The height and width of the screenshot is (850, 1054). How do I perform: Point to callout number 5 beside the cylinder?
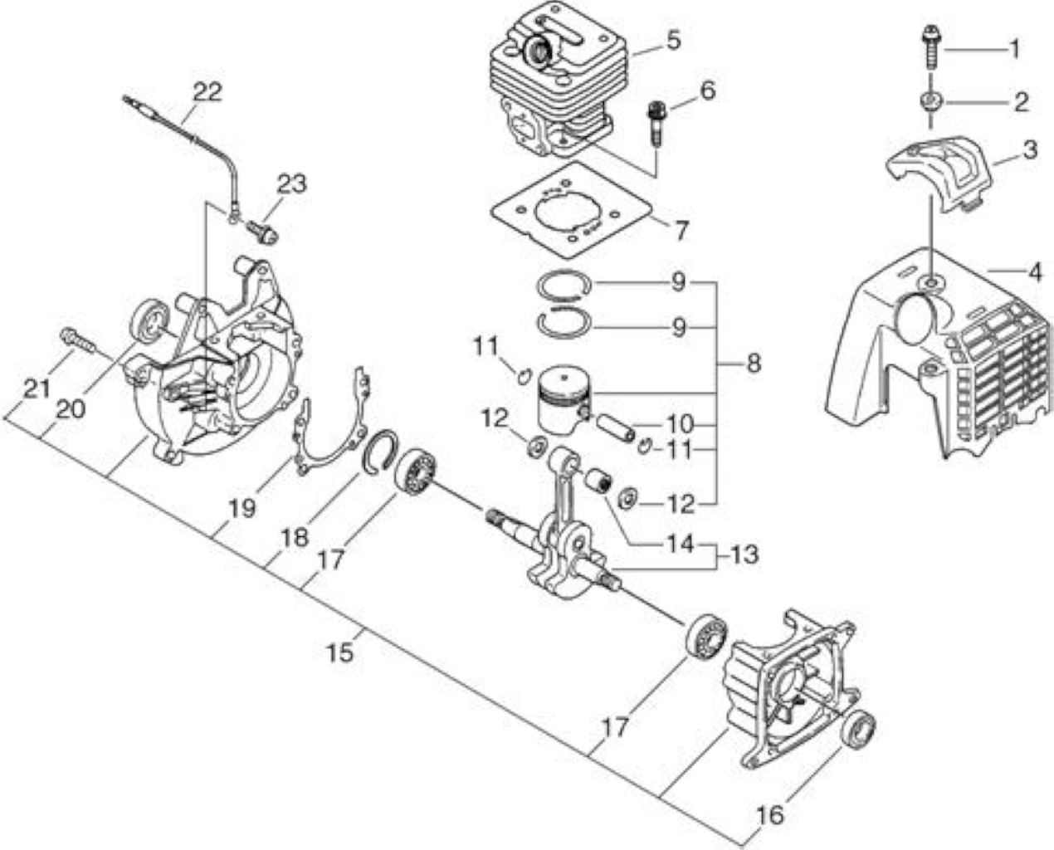pyautogui.click(x=673, y=40)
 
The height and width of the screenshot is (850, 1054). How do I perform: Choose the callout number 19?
pyautogui.click(x=242, y=508)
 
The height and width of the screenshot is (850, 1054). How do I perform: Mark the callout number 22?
pyautogui.click(x=207, y=92)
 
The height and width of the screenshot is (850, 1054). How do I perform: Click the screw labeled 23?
pyautogui.click(x=263, y=232)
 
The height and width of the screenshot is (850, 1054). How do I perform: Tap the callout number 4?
pyautogui.click(x=1034, y=273)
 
